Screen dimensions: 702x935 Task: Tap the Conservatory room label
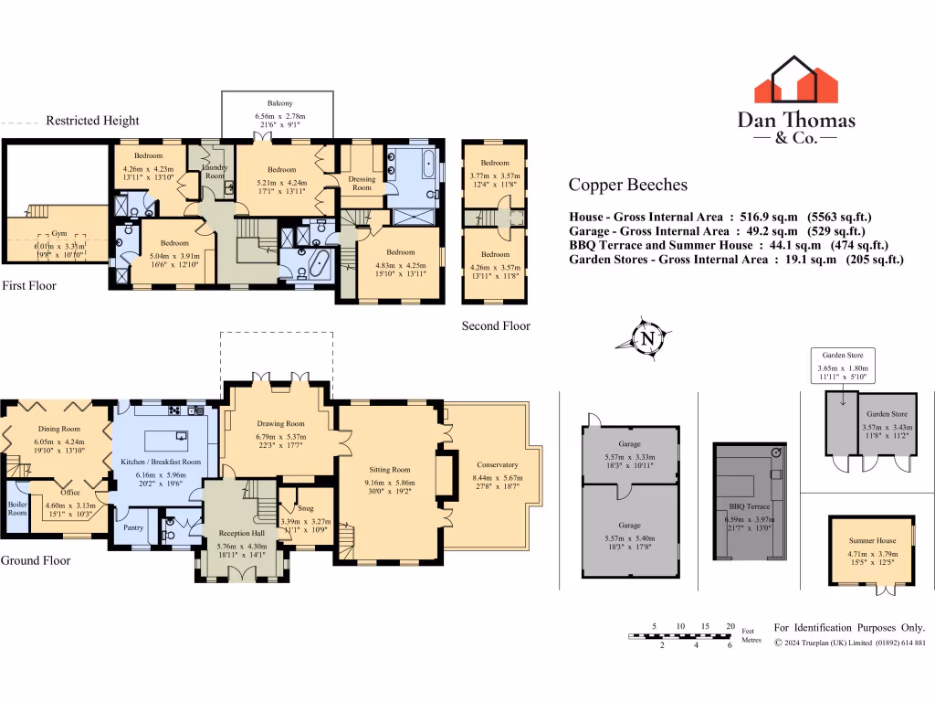click(x=497, y=464)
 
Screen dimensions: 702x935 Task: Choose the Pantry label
click(x=133, y=526)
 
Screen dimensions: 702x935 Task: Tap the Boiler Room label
click(x=17, y=508)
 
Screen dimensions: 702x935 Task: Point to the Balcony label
click(x=280, y=103)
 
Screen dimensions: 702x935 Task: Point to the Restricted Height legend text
click(x=92, y=121)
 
